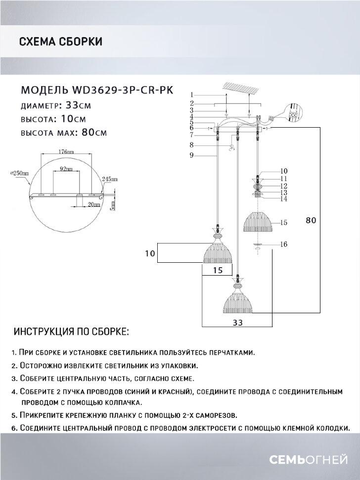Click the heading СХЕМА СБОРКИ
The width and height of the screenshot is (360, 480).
pyautogui.click(x=60, y=42)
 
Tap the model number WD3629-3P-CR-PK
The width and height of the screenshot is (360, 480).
pyautogui.click(x=126, y=91)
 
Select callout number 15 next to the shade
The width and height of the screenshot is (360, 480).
pyautogui.click(x=283, y=223)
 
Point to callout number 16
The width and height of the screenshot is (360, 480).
pyautogui.click(x=283, y=244)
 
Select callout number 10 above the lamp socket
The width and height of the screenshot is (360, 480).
pyautogui.click(x=283, y=171)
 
